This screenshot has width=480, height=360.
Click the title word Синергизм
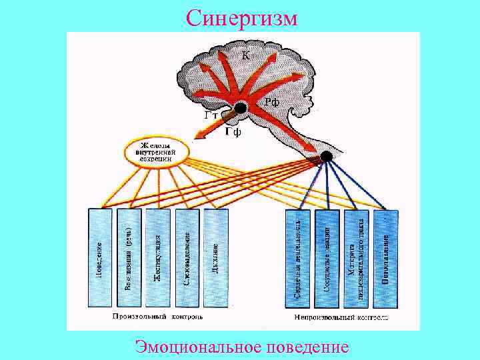[x=241, y=17]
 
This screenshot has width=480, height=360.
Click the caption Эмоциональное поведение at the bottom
[x=241, y=347]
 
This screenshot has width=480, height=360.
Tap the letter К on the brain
[x=245, y=55]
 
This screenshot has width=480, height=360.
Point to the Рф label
[x=271, y=102]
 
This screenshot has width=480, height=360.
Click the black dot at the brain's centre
[x=241, y=108]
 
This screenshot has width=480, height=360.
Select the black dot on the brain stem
[x=325, y=157]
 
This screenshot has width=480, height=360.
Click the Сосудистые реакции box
[x=328, y=259]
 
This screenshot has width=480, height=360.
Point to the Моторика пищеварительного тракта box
[x=357, y=259]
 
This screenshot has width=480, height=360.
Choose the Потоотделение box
[x=385, y=259]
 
